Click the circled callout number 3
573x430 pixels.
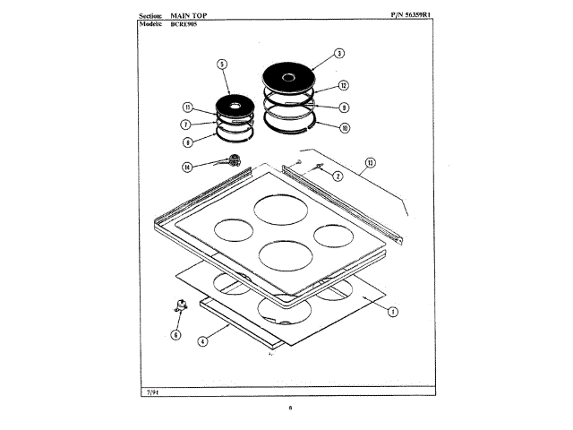click(339, 54)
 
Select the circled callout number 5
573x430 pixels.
click(222, 64)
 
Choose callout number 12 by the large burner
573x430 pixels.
click(343, 86)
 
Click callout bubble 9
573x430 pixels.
click(343, 107)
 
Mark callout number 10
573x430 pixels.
click(345, 127)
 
